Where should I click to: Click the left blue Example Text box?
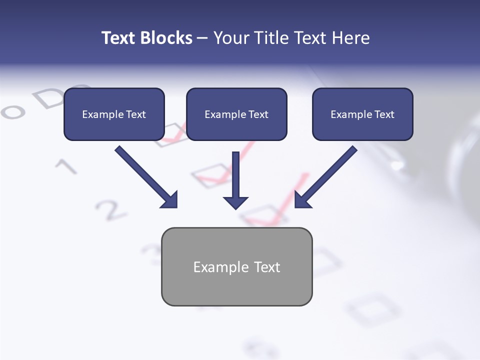(x=114, y=114)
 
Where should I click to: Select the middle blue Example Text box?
(x=236, y=114)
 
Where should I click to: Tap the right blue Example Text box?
(x=362, y=114)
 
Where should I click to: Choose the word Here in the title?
(x=351, y=38)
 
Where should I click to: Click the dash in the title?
(x=202, y=38)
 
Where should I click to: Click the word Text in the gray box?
(x=267, y=267)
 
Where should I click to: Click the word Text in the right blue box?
(x=384, y=114)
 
